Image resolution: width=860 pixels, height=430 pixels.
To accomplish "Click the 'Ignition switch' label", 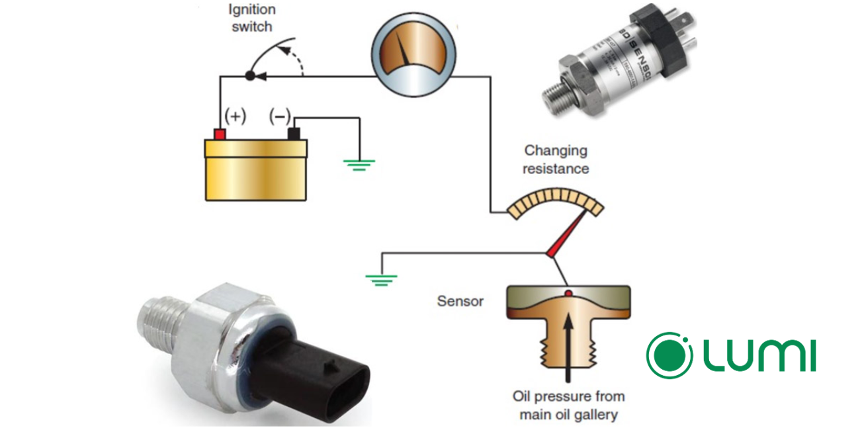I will (x=251, y=19).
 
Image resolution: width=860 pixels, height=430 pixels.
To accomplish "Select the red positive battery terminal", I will (x=219, y=133).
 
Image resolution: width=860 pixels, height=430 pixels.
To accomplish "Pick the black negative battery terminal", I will (x=294, y=133).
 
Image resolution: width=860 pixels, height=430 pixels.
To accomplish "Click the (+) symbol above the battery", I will (x=235, y=117).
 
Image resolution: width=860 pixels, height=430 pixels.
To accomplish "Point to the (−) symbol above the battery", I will (x=279, y=117).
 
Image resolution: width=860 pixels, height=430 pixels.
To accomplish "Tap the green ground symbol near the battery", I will (x=359, y=164).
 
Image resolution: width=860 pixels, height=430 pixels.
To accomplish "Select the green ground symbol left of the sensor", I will (x=380, y=279).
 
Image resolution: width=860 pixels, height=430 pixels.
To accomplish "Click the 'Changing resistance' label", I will (x=556, y=159).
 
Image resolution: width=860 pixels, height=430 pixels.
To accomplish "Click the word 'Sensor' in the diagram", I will (x=460, y=302).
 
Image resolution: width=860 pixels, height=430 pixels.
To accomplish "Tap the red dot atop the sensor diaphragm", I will (x=568, y=292).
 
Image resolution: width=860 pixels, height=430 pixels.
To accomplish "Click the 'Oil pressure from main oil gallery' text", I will (x=568, y=406).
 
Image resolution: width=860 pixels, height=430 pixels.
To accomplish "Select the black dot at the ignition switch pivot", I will (x=250, y=75).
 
